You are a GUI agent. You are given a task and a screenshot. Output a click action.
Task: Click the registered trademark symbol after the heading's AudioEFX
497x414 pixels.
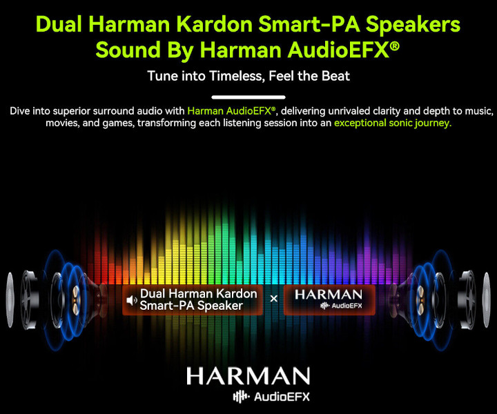point(394,46)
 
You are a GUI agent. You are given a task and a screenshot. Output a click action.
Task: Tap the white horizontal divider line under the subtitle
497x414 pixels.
point(248,97)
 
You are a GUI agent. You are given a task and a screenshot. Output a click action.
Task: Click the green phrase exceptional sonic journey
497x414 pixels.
point(393,123)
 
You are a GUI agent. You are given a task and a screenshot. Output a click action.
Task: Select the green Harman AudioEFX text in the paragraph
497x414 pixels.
point(231,111)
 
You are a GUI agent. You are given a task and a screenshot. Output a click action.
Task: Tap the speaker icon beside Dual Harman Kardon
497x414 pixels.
point(132,300)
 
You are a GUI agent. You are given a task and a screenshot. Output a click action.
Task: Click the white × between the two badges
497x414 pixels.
point(273,298)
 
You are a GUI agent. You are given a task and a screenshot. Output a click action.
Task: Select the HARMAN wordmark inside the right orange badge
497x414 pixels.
point(329,295)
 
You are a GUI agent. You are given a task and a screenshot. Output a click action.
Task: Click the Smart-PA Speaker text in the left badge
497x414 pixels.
point(191,306)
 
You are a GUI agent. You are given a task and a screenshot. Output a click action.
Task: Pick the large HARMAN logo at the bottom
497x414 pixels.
point(248,376)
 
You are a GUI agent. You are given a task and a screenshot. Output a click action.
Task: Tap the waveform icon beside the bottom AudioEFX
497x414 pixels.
point(241,397)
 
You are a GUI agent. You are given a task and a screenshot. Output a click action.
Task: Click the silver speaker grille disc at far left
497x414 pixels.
point(10,299)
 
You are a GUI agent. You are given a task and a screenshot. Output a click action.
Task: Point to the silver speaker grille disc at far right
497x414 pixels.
point(487,299)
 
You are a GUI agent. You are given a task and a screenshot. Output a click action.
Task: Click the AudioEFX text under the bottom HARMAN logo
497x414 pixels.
point(282,397)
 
